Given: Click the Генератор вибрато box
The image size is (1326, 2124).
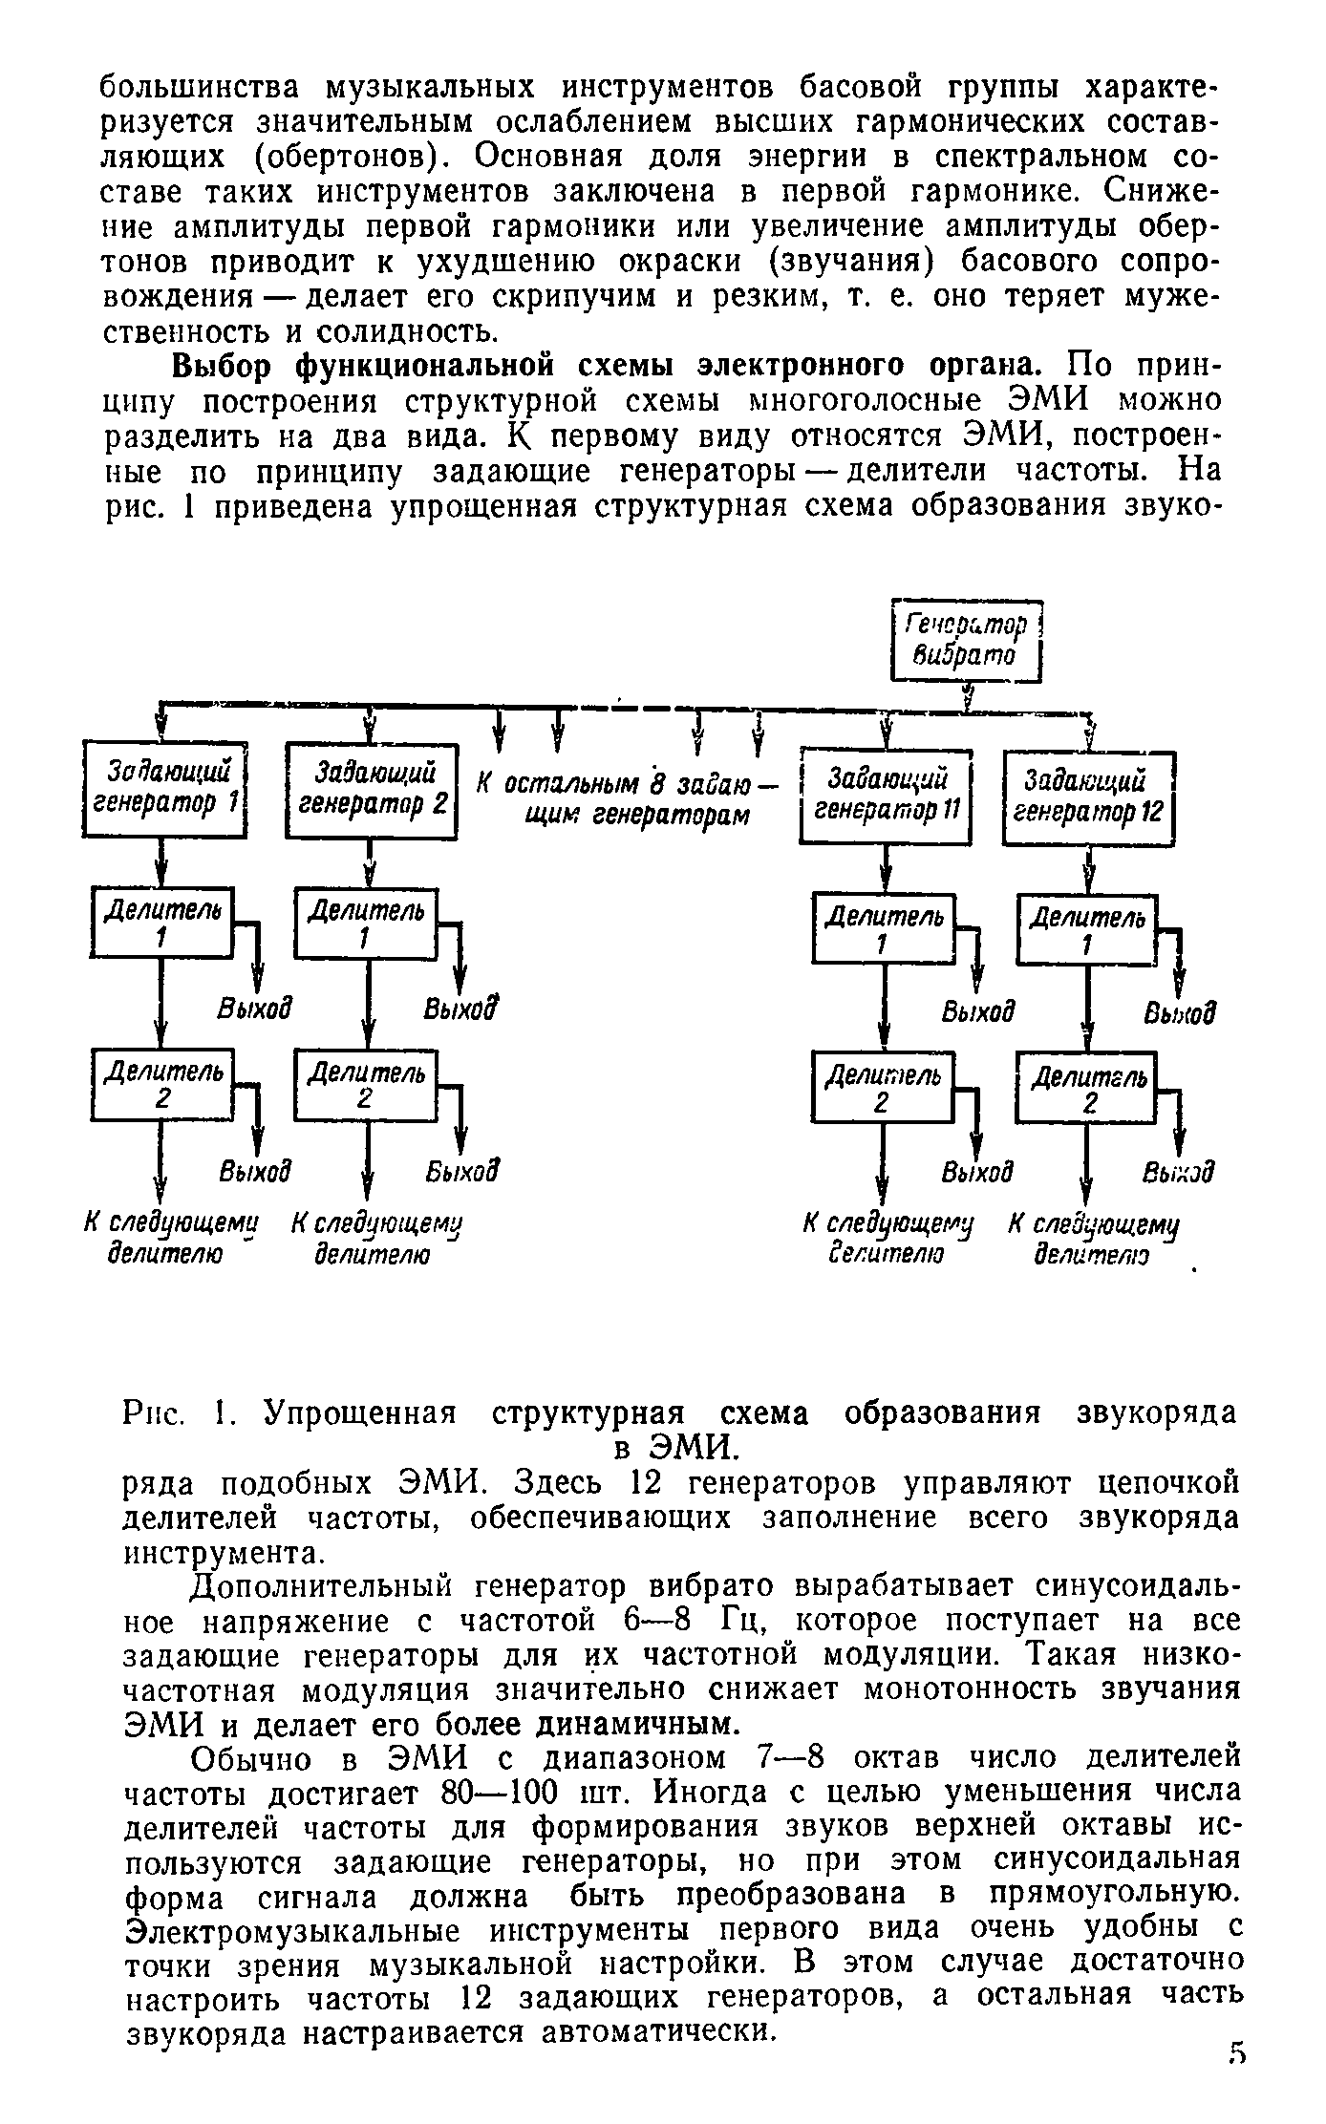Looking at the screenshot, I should pyautogui.click(x=965, y=641).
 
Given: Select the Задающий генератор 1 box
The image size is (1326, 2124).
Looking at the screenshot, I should pyautogui.click(x=166, y=788).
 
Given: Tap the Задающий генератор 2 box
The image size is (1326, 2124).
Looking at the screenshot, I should pyautogui.click(x=373, y=789).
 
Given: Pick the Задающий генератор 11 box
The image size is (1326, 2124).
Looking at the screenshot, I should pyautogui.click(x=886, y=796).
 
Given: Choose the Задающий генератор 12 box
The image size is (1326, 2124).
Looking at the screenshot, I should pyautogui.click(x=1087, y=797).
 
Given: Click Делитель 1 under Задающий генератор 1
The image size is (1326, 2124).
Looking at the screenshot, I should pyautogui.click(x=162, y=923).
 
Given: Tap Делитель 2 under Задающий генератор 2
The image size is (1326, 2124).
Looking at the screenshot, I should pyautogui.click(x=366, y=1085).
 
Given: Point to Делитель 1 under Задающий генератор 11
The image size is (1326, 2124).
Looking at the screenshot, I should pyautogui.click(x=884, y=927).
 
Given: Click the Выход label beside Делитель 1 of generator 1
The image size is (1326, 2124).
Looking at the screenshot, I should pyautogui.click(x=253, y=1009).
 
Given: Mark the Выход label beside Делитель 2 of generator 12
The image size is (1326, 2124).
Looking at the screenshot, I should pyautogui.click(x=1179, y=1172).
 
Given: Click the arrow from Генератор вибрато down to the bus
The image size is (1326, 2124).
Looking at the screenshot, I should pyautogui.click(x=968, y=695).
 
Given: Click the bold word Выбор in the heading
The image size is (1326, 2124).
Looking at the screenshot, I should pyautogui.click(x=225, y=366).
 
